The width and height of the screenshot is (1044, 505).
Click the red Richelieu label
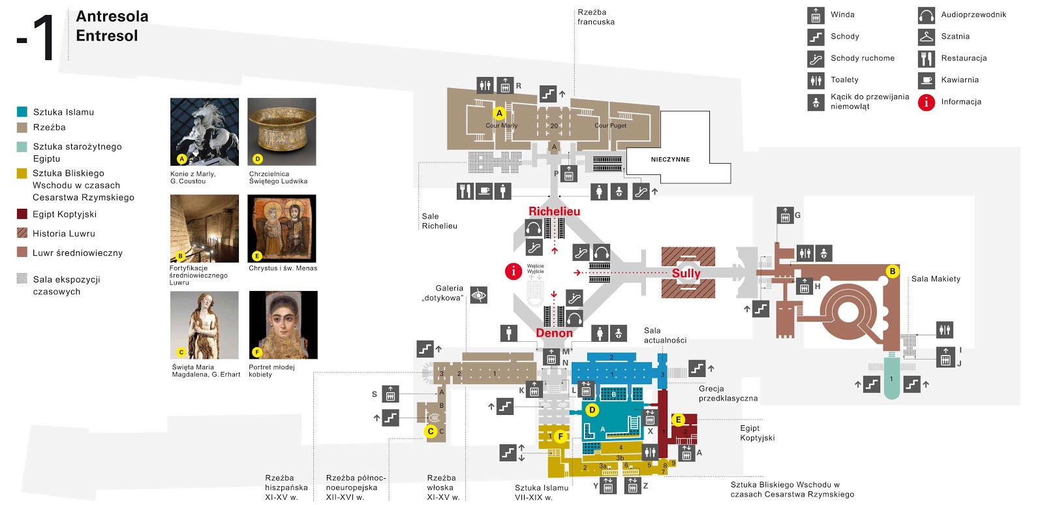pyautogui.click(x=554, y=211)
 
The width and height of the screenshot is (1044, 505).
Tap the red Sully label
pyautogui.click(x=686, y=273)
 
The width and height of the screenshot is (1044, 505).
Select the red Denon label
pyautogui.click(x=554, y=333)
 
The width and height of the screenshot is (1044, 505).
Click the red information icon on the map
pyautogui.click(x=514, y=271)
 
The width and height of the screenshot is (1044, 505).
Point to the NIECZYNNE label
pyautogui.click(x=670, y=159)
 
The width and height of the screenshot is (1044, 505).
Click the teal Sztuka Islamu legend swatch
pyautogui.click(x=22, y=112)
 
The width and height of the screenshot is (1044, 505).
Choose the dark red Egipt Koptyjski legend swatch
pyautogui.click(x=22, y=214)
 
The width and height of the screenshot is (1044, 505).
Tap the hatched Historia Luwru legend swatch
pyautogui.click(x=22, y=233)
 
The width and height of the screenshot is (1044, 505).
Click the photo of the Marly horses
pyautogui.click(x=204, y=132)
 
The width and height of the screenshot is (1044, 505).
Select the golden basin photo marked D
pyautogui.click(x=281, y=132)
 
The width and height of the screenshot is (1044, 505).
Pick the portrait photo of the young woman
pyautogui.click(x=283, y=325)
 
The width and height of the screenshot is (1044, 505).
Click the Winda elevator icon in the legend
pyautogui.click(x=816, y=15)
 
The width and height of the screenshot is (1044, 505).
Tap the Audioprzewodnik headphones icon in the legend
pyautogui.click(x=926, y=15)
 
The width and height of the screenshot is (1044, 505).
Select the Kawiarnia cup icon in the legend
pyautogui.click(x=926, y=80)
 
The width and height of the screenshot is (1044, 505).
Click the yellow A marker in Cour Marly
pyautogui.click(x=499, y=113)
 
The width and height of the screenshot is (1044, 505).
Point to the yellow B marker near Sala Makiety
pyautogui.click(x=892, y=271)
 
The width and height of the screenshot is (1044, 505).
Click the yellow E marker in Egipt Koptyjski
pyautogui.click(x=678, y=420)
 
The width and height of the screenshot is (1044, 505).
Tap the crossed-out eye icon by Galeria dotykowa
pyautogui.click(x=479, y=296)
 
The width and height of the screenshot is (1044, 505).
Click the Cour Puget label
pyautogui.click(x=610, y=126)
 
